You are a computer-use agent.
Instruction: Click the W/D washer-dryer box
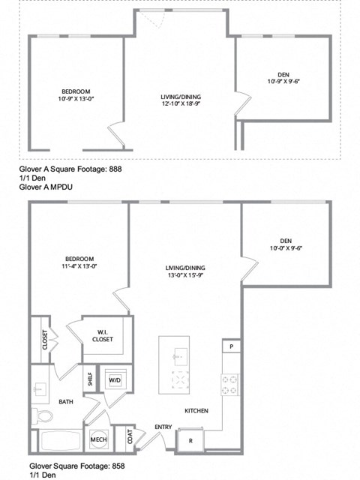pyautogui.click(x=115, y=379)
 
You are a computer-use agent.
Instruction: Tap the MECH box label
pyautogui.click(x=97, y=439)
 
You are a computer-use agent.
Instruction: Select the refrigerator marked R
pyautogui.click(x=190, y=440)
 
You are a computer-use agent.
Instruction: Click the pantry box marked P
pyautogui.click(x=230, y=347)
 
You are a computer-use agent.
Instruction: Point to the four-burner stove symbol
pyautogui.click(x=229, y=385)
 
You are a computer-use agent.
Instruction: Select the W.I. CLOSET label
pyautogui.click(x=103, y=335)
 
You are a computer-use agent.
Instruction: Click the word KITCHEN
pyautogui.click(x=196, y=411)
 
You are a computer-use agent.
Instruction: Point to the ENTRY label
pyautogui.click(x=163, y=427)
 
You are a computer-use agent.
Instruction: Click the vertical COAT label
pyautogui.click(x=130, y=436)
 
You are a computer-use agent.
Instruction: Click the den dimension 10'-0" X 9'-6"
pyautogui.click(x=285, y=249)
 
